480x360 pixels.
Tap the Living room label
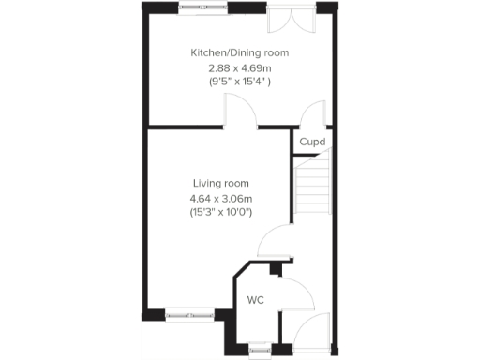(221, 183)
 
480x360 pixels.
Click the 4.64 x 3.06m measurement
(221, 198)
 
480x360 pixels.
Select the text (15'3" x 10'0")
(221, 213)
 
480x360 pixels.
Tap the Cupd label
(312, 142)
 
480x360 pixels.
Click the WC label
(255, 300)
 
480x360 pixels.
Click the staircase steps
(313, 187)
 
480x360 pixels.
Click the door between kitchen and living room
(240, 114)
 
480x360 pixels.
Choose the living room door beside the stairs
(276, 245)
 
